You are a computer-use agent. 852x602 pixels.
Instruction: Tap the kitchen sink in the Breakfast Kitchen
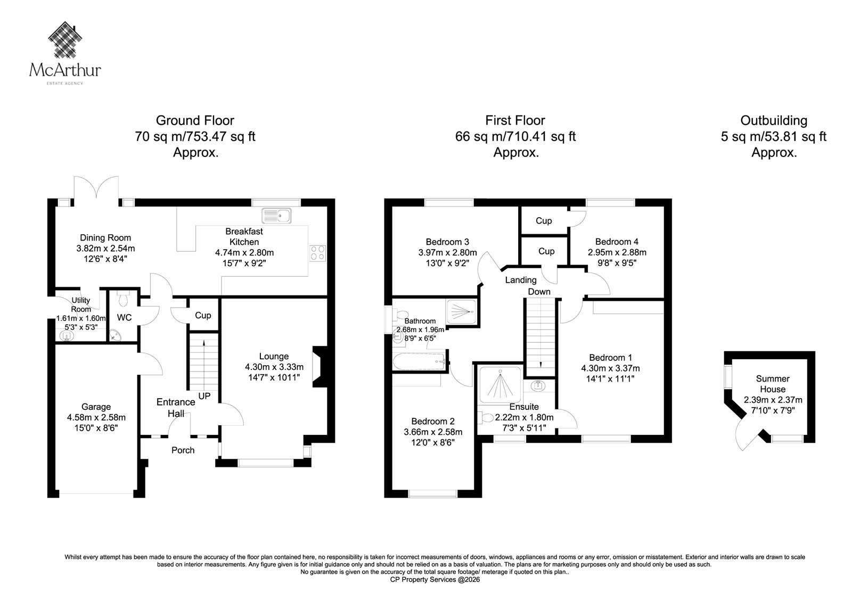pos(276,216)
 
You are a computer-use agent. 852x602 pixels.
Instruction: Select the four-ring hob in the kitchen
pos(317,253)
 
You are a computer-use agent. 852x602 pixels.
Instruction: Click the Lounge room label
pos(274,356)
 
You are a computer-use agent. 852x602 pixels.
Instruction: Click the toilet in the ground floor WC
pos(123,298)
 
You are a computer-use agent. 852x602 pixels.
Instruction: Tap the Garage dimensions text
pos(96,423)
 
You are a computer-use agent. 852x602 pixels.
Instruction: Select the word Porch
pos(183,450)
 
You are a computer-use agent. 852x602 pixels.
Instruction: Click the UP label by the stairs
pos(204,396)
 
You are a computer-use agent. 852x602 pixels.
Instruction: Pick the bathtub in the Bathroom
pos(419,361)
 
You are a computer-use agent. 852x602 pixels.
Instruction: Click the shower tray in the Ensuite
pos(501,384)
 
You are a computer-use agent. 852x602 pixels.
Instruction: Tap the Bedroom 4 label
pos(617,242)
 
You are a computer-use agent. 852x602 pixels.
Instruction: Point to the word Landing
pos(521,281)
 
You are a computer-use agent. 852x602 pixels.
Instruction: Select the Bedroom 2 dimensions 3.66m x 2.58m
pos(433,432)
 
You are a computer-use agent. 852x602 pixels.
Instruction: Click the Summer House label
pos(773,384)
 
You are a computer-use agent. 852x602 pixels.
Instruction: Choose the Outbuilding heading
pos(774,120)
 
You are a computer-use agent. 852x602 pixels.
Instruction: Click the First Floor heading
pos(515,120)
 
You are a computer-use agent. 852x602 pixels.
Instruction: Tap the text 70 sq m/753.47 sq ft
pos(195,136)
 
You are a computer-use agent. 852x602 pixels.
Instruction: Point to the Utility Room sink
pos(67,336)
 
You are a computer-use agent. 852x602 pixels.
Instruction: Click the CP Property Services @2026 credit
pos(435,580)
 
